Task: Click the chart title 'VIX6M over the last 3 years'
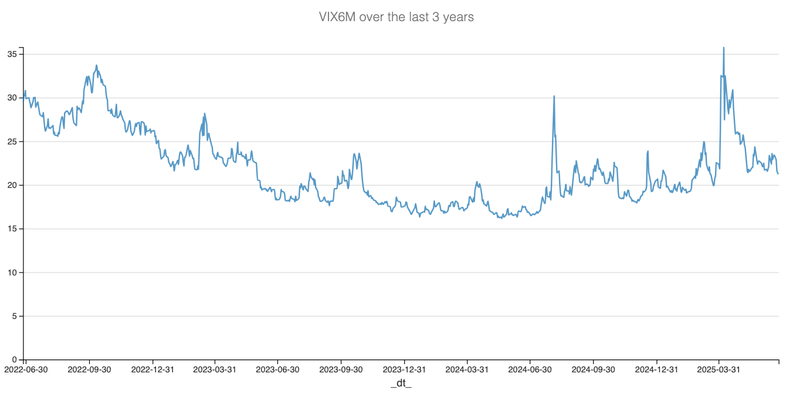396,17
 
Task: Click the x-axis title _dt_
401,384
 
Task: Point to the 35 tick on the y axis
12,54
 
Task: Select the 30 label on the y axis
12,98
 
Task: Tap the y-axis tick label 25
12,142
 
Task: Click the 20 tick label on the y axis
12,185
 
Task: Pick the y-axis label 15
12,229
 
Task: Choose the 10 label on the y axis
12,273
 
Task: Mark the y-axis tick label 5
14,316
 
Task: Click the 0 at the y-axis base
14,359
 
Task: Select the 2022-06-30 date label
26,369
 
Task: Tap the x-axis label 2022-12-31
152,369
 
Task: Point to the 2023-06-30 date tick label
277,369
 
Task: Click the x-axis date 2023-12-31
404,369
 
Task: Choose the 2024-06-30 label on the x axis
530,369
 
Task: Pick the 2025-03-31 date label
719,369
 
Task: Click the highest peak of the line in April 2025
724,48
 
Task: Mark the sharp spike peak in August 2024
554,96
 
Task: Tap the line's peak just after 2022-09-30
96,65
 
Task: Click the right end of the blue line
778,173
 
